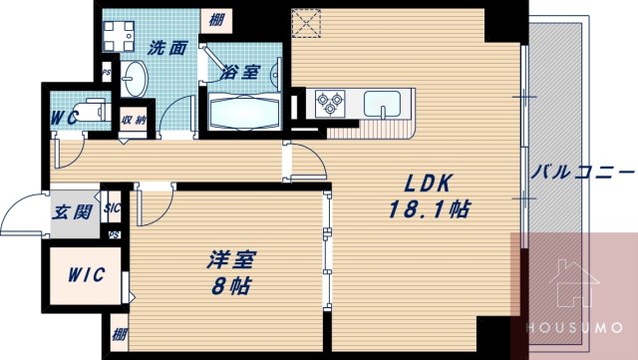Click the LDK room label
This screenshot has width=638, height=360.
429,183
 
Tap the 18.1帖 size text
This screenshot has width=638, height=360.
429,210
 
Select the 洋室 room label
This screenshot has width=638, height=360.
231,261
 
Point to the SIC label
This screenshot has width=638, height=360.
112,208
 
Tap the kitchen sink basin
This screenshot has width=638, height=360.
384,102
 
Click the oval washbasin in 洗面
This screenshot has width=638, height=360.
137,76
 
